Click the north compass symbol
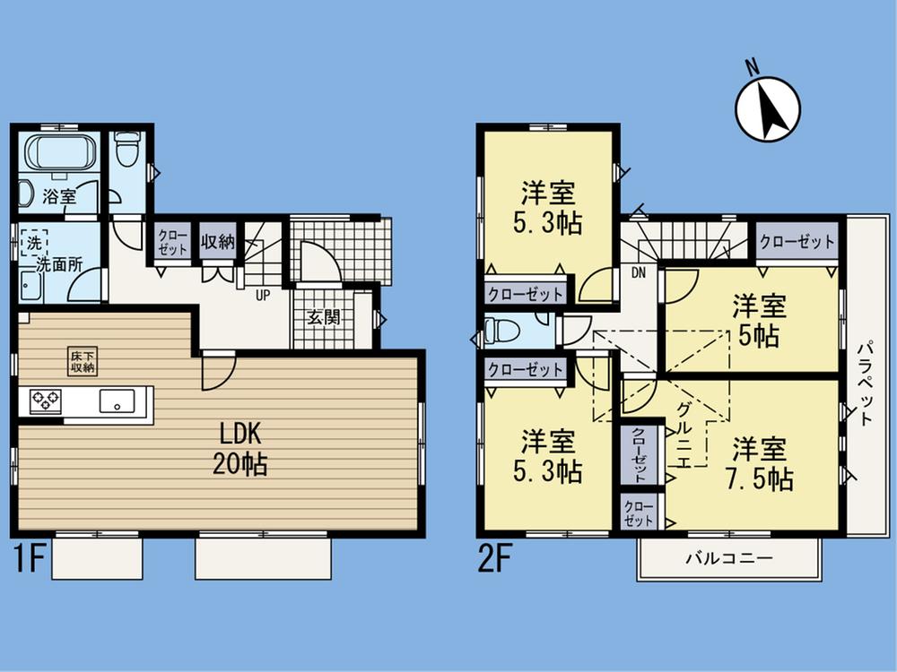[x=768, y=108]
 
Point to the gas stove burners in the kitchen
[x=45, y=400]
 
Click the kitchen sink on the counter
[x=117, y=401]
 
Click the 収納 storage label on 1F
[x=217, y=240]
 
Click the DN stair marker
[x=639, y=272]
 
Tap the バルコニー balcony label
[x=728, y=557]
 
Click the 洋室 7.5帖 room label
[x=761, y=463]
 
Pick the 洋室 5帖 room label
[x=759, y=320]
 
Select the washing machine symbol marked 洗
[x=32, y=242]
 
